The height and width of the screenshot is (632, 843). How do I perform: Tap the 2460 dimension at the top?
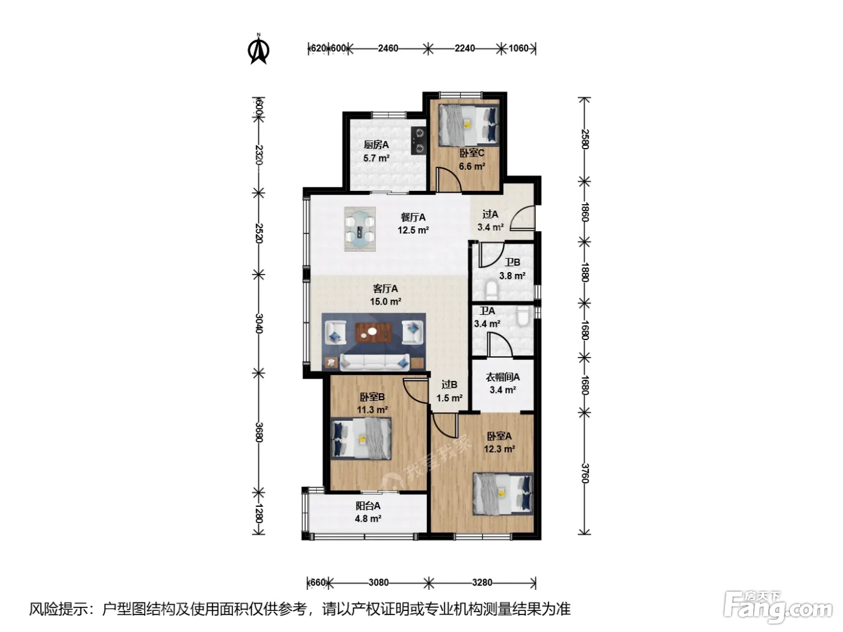(388, 48)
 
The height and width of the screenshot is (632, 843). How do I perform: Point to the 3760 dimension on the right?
(585, 473)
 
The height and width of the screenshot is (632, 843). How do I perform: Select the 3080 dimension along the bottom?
(378, 583)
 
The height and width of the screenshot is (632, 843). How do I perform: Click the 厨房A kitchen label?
(376, 144)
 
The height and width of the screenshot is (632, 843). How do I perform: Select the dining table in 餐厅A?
(360, 229)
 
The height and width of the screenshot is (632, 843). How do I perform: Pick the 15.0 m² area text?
(385, 302)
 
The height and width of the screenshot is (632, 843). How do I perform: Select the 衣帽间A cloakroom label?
(503, 377)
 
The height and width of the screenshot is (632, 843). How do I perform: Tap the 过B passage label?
(449, 385)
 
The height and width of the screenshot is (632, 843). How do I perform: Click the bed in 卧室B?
(361, 438)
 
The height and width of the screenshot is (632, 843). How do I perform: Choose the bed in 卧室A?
(503, 494)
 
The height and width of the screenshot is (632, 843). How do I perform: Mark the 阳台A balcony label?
(368, 506)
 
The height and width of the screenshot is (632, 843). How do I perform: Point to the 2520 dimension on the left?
(259, 233)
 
